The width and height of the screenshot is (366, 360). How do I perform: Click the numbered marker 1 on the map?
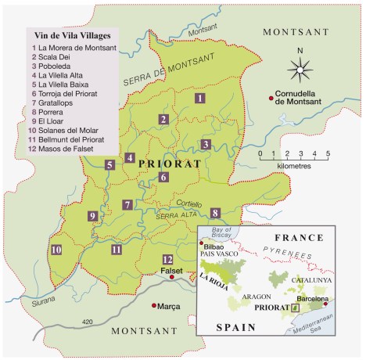coord(200,98)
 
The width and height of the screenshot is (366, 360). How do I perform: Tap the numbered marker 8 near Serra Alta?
coord(215,212)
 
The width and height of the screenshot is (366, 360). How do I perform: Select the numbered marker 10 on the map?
coord(56,250)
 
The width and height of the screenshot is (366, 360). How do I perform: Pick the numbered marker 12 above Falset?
coord(167,259)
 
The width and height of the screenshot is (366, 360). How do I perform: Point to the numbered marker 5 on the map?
coord(109,164)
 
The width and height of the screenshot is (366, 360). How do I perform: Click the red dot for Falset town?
coord(171,277)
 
